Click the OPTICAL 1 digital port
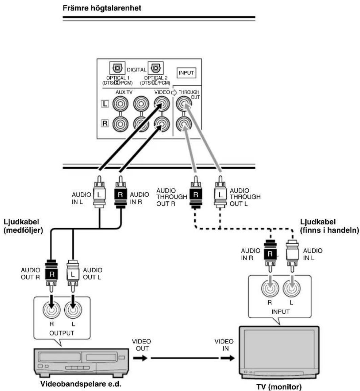117,68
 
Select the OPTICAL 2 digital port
155,68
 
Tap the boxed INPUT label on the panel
186,73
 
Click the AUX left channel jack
120,104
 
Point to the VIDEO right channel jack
162,124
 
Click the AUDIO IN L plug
99,192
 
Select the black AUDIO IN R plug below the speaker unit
120,192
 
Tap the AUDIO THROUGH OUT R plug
196,192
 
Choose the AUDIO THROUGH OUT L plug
220,192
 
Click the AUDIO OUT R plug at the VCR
51,276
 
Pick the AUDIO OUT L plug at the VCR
73,276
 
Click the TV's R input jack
270,288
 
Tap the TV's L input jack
292,288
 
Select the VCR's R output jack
51,310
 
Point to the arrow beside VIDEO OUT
140,358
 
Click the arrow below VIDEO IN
227,358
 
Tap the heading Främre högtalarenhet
102,8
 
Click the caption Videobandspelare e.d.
81,384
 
